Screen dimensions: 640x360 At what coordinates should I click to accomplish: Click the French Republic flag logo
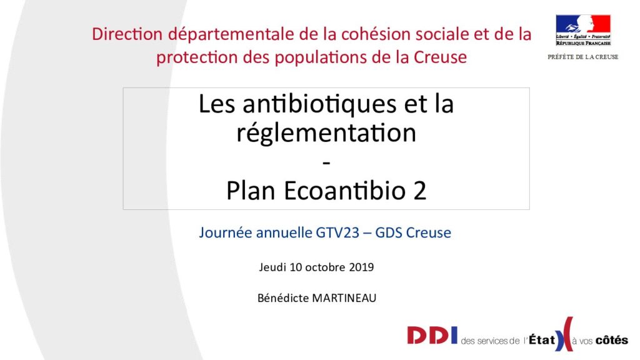(x=583, y=30)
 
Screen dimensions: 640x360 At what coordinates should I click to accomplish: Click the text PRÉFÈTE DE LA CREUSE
(x=583, y=57)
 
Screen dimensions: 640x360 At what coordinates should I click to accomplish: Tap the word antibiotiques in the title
(x=319, y=104)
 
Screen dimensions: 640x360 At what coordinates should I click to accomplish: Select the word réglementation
(x=326, y=132)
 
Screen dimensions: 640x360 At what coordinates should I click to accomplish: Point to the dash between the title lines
(x=326, y=163)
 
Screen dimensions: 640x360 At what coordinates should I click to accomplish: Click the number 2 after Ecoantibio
(x=419, y=191)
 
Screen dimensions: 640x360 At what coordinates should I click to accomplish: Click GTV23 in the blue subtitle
(x=337, y=232)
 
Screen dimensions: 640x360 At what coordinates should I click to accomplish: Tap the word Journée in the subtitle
(x=225, y=232)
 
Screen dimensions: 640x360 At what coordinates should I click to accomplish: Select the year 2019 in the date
(x=362, y=267)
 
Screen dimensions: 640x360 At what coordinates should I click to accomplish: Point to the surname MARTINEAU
(x=344, y=298)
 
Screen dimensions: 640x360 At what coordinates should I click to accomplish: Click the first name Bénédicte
(x=283, y=298)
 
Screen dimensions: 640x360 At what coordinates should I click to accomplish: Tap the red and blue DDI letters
(x=432, y=336)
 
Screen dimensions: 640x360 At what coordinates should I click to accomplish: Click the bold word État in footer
(x=542, y=339)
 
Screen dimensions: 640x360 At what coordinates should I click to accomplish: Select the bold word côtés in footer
(x=611, y=340)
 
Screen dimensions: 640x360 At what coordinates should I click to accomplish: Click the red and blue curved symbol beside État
(x=564, y=334)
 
